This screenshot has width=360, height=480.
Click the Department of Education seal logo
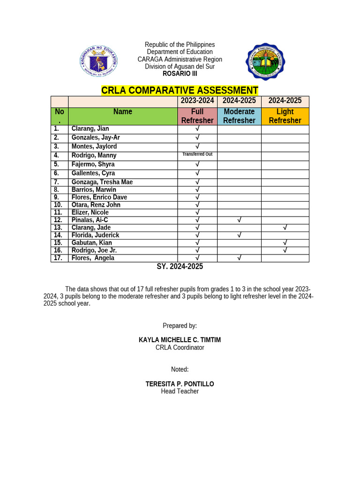[x=98, y=61]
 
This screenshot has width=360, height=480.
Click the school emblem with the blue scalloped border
[x=265, y=61]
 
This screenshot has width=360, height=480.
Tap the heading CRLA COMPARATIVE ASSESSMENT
[x=180, y=90]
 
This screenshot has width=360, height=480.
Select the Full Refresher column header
[x=197, y=116]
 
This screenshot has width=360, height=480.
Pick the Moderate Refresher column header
[x=239, y=116]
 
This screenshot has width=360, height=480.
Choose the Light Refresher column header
[x=285, y=116]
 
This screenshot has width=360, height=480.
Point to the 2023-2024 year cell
[x=197, y=101]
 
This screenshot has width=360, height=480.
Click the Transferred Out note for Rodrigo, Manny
[x=197, y=154]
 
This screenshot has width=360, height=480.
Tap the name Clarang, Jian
[x=90, y=129]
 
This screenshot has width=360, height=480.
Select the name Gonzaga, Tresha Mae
[x=102, y=182]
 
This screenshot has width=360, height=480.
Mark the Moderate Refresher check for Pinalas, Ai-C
[x=239, y=220]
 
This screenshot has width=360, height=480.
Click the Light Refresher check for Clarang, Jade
[x=285, y=227]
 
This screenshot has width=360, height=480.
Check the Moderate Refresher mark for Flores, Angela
[x=239, y=258]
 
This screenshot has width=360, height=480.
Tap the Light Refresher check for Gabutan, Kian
[x=285, y=243]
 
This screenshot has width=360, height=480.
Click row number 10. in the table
[x=58, y=205]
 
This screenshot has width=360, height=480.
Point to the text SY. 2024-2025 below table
[x=180, y=267]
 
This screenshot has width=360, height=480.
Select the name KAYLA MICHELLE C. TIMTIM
[x=180, y=340]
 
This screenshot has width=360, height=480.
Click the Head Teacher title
[x=180, y=391]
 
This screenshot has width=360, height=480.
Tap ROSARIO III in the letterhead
[x=180, y=74]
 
